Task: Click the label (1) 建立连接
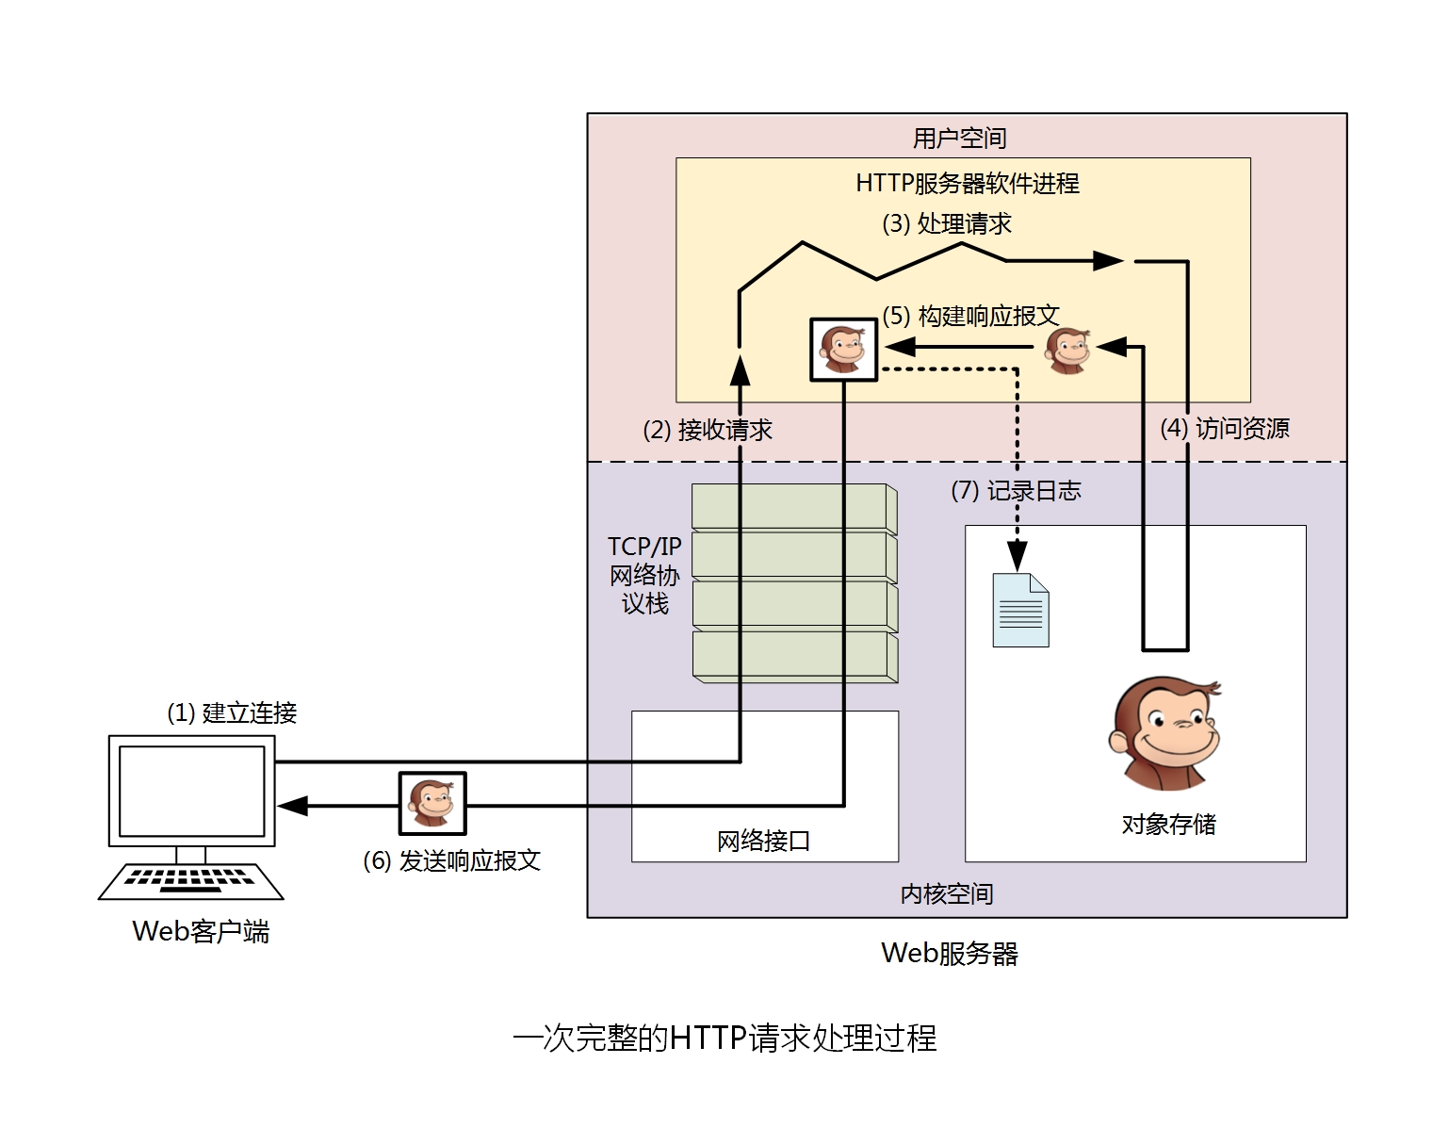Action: (x=232, y=713)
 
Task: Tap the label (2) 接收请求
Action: (x=707, y=431)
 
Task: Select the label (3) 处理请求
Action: (x=946, y=224)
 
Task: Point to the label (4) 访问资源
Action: (x=1224, y=429)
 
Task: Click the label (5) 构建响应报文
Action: (x=970, y=316)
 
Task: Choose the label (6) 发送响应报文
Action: (x=451, y=860)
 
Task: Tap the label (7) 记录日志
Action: (x=1016, y=491)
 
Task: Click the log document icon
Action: (x=1020, y=610)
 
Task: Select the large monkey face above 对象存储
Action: (x=1165, y=732)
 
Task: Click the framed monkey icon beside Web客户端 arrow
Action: (x=432, y=804)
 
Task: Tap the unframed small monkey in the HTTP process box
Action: (x=1067, y=351)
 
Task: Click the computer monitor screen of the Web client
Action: (x=192, y=791)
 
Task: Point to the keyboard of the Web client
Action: (x=191, y=880)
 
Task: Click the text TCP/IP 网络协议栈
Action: (x=644, y=575)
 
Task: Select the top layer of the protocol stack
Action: (x=793, y=507)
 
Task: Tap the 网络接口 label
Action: (x=763, y=841)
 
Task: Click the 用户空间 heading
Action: (x=959, y=139)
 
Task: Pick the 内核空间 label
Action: (x=946, y=893)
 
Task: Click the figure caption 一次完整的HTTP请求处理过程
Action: (x=724, y=1038)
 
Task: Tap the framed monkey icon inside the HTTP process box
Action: (x=843, y=350)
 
